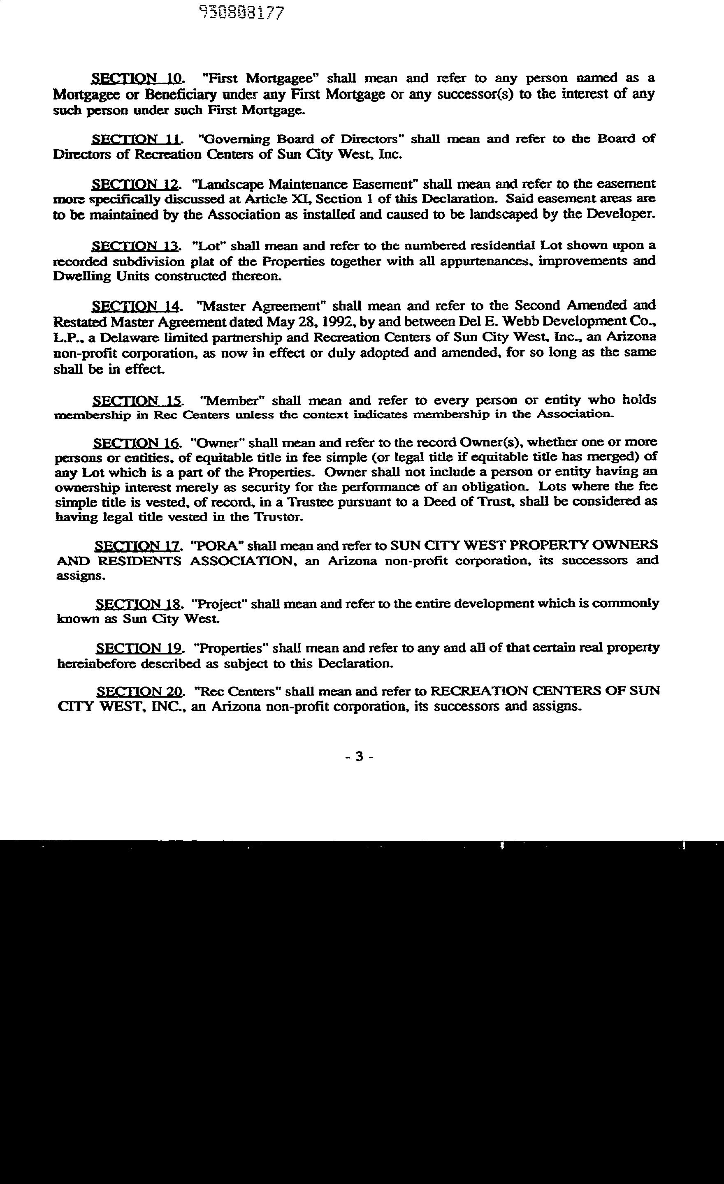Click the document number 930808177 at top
(x=242, y=13)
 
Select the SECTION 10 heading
(x=137, y=78)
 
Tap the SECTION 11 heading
(x=137, y=139)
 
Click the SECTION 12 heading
(x=137, y=185)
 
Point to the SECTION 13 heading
(x=137, y=246)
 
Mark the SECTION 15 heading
(x=137, y=400)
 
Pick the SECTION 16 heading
(x=137, y=442)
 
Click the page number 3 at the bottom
(x=359, y=756)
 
